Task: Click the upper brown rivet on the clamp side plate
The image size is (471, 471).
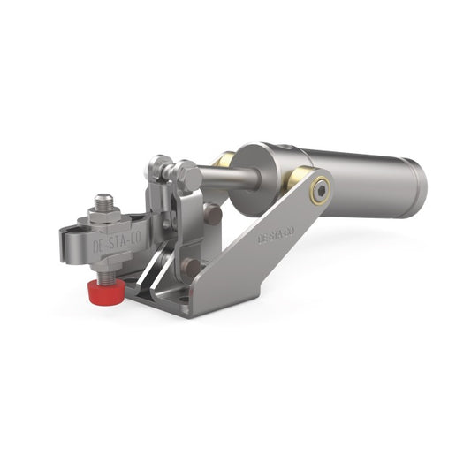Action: click(212, 213)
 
